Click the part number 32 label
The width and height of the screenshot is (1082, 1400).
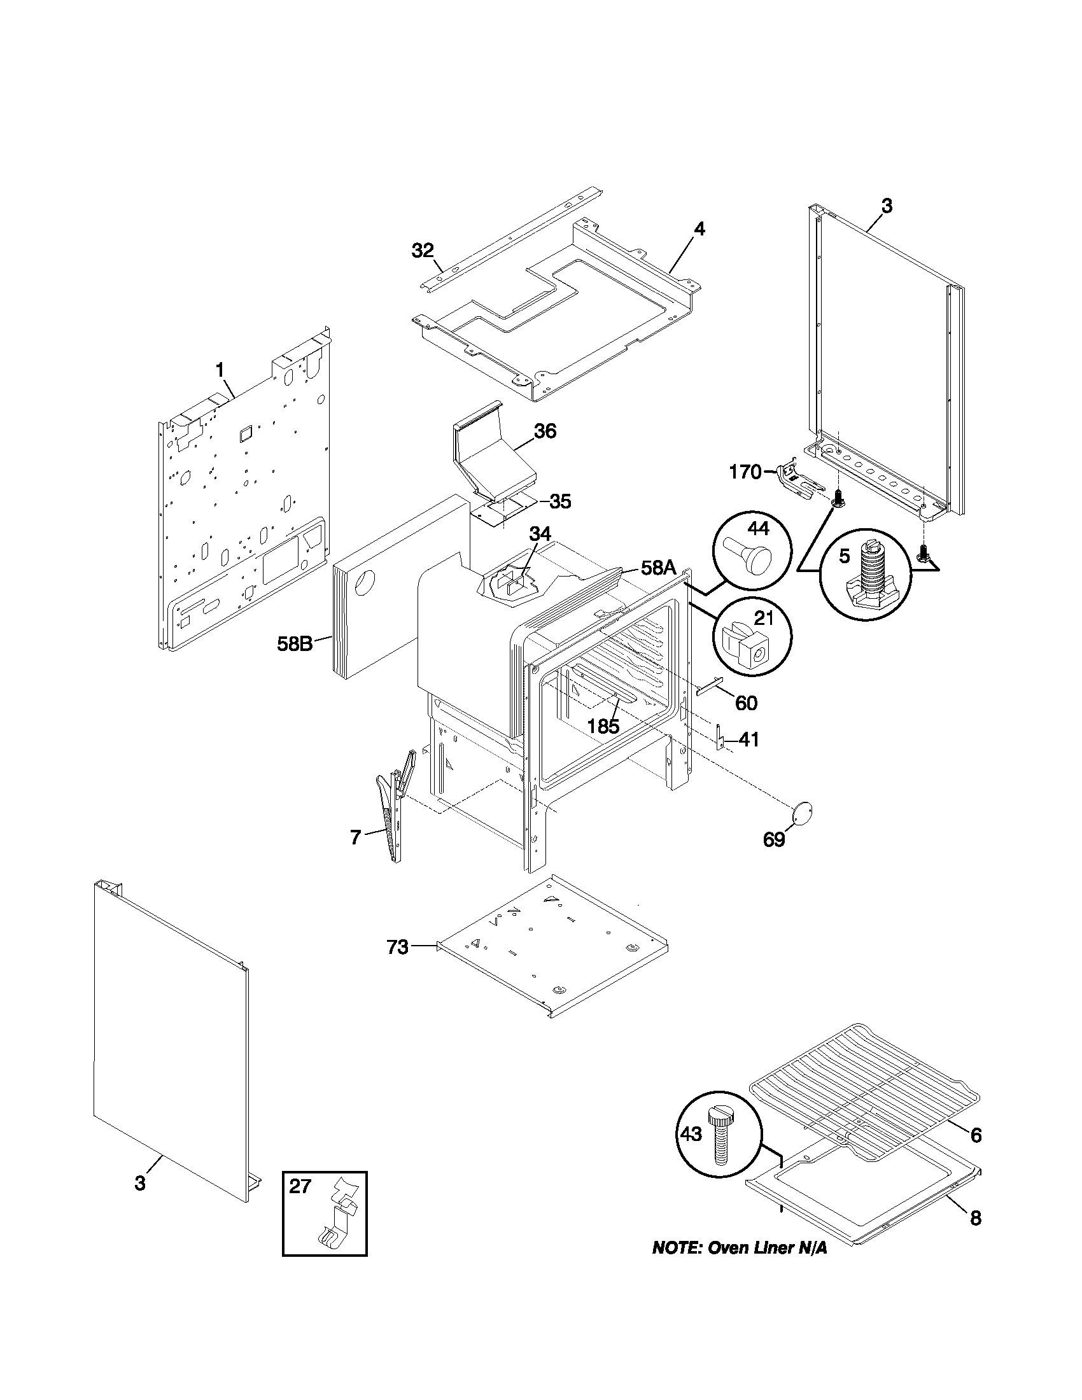(423, 251)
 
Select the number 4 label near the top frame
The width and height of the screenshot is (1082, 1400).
(699, 229)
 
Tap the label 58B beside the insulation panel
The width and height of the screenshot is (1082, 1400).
(295, 643)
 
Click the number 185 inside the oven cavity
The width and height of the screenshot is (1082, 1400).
(603, 726)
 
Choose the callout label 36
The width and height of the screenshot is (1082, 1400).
(545, 431)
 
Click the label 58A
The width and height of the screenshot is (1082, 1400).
(657, 568)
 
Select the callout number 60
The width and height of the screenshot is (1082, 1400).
(745, 703)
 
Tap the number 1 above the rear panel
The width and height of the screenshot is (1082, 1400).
(220, 370)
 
